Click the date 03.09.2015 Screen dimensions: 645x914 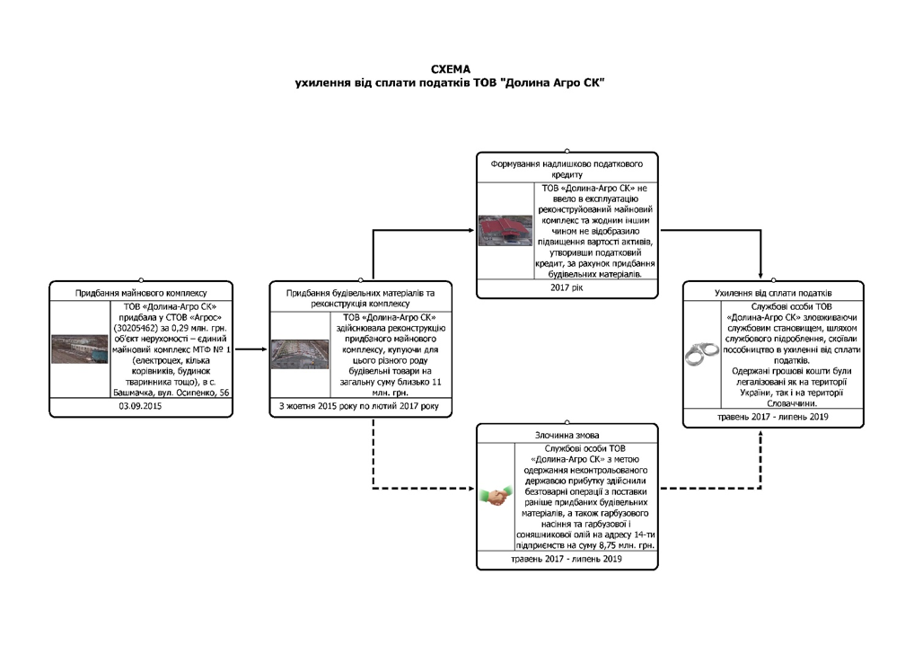pyautogui.click(x=141, y=408)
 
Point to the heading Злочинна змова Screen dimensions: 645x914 pyautogui.click(x=567, y=433)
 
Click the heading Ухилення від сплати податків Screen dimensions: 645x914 pyautogui.click(x=772, y=292)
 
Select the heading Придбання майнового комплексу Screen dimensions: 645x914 pyautogui.click(x=141, y=292)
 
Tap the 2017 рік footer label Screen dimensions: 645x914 pyautogui.click(x=567, y=288)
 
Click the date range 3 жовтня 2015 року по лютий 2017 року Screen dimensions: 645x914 pyautogui.click(x=359, y=408)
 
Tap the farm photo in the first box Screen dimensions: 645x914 pyautogui.click(x=78, y=349)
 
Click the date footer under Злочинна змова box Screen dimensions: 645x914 pyautogui.click(x=567, y=559)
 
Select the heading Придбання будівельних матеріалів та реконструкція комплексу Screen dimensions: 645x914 pyautogui.click(x=359, y=297)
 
